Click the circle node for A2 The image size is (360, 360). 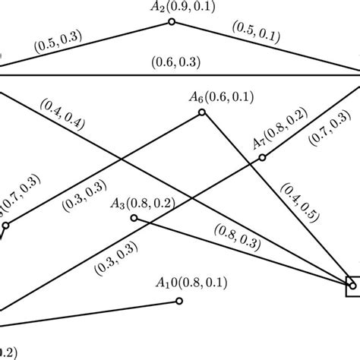point(172,24)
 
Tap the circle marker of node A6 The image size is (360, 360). point(202,112)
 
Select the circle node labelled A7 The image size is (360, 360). point(263,158)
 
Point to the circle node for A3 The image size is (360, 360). point(134,218)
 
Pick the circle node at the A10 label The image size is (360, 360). point(179,301)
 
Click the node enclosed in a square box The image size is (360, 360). point(354,285)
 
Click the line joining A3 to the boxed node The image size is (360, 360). point(243,251)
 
